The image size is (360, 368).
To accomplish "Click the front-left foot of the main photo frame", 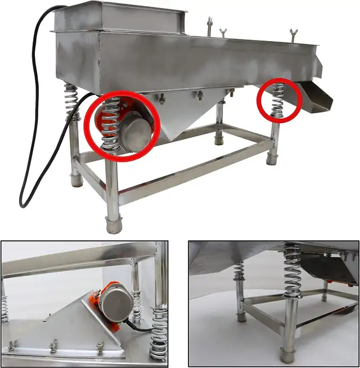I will pyautogui.click(x=114, y=225).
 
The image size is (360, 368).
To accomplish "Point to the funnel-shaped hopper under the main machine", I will pyautogui.click(x=186, y=115).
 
